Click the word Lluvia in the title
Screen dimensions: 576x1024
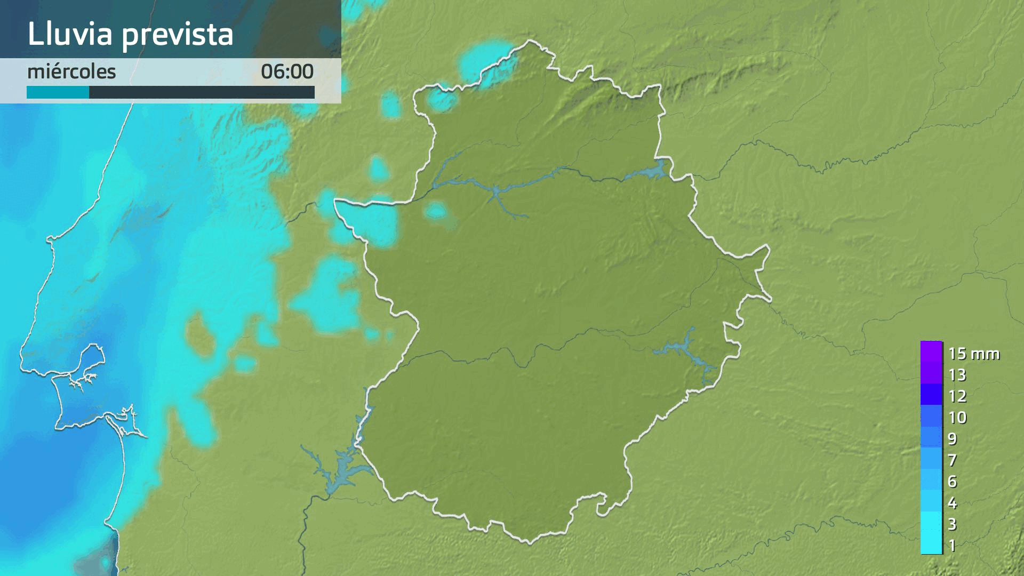[x=70, y=34]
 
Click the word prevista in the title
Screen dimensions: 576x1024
[x=178, y=35]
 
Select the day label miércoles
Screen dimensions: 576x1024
[x=71, y=71]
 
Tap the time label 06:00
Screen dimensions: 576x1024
[x=287, y=71]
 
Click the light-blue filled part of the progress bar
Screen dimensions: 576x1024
[x=58, y=93]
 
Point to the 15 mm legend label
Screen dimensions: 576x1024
[x=973, y=354]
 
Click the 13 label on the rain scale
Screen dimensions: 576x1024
[x=957, y=375]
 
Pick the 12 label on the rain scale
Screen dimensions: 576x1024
[x=957, y=396]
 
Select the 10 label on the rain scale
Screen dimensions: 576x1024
[x=957, y=418]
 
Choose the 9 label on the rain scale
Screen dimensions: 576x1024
[x=953, y=439]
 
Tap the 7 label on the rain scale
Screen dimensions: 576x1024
[x=953, y=460]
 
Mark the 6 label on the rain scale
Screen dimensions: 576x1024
[x=953, y=482]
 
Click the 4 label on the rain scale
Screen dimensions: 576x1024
[x=953, y=503]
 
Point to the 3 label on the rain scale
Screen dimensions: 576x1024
[x=953, y=524]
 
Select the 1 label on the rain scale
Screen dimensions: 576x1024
[x=953, y=546]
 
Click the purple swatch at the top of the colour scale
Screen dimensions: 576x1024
[x=931, y=352]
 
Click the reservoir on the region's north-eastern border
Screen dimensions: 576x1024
[x=648, y=172]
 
